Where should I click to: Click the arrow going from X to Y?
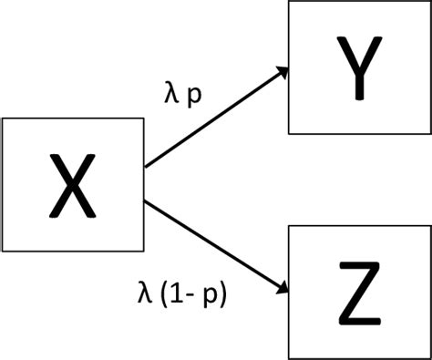[217, 116]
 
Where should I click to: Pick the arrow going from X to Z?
[217, 247]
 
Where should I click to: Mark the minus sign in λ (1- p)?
[187, 295]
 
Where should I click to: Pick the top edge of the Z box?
[360, 227]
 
